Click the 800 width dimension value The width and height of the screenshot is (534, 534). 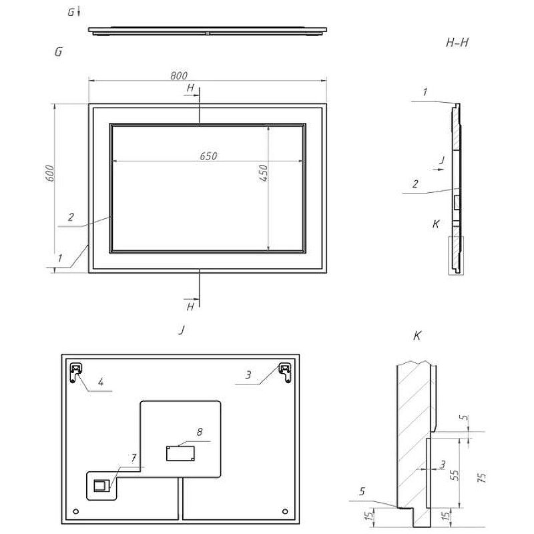[x=179, y=75]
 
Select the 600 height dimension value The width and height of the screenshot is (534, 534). [x=49, y=173]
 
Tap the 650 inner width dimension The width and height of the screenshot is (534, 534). [x=208, y=156]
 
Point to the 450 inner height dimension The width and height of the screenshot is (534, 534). [x=263, y=173]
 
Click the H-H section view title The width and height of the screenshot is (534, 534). [x=457, y=43]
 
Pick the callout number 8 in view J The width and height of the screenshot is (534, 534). [x=200, y=432]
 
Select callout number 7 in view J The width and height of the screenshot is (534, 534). [x=134, y=458]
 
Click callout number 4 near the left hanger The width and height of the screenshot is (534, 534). [x=101, y=382]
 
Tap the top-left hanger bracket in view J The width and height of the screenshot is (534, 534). [x=75, y=372]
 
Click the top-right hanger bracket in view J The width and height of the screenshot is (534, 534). [x=285, y=372]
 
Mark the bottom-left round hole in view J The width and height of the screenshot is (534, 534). [x=76, y=511]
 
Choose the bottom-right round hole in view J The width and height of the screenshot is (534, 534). [x=285, y=511]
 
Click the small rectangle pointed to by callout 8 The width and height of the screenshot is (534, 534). [x=180, y=453]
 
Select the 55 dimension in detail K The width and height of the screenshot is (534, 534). [x=455, y=475]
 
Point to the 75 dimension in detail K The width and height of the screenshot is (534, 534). [x=482, y=477]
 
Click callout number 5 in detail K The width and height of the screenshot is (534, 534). [x=362, y=491]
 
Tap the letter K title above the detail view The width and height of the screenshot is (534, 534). [x=417, y=336]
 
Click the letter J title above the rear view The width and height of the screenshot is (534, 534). [x=182, y=330]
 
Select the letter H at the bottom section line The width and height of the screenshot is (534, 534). [x=190, y=307]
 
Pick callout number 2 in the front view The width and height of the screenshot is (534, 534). [x=71, y=217]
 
